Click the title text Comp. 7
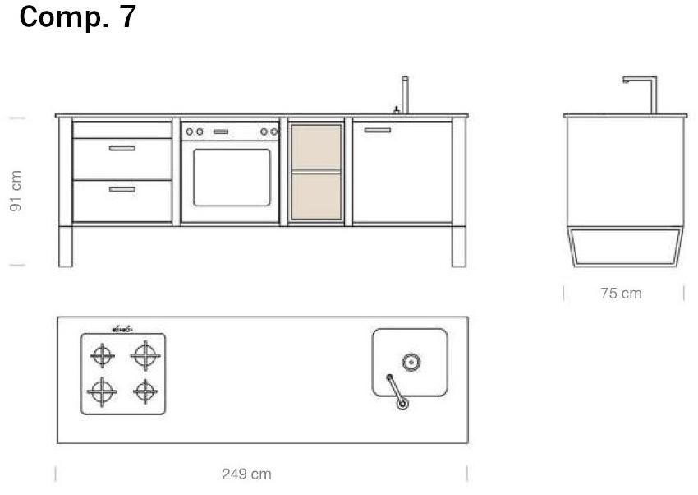[77, 17]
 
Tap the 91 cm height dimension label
[16, 191]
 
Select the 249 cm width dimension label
[246, 474]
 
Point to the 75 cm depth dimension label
[621, 294]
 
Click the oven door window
[232, 178]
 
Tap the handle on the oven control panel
[221, 132]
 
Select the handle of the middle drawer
[122, 148]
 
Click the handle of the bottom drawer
[122, 189]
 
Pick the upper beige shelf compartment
[316, 147]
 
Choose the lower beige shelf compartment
[316, 196]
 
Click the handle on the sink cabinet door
[378, 130]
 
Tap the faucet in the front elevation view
[405, 95]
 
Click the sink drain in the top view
[411, 363]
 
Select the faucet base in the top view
[402, 404]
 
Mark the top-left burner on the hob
[103, 355]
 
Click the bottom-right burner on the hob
[145, 391]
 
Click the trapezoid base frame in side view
[626, 266]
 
